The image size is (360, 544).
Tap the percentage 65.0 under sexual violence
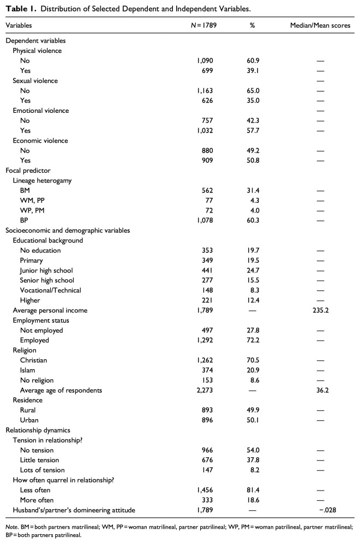[x=253, y=90]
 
